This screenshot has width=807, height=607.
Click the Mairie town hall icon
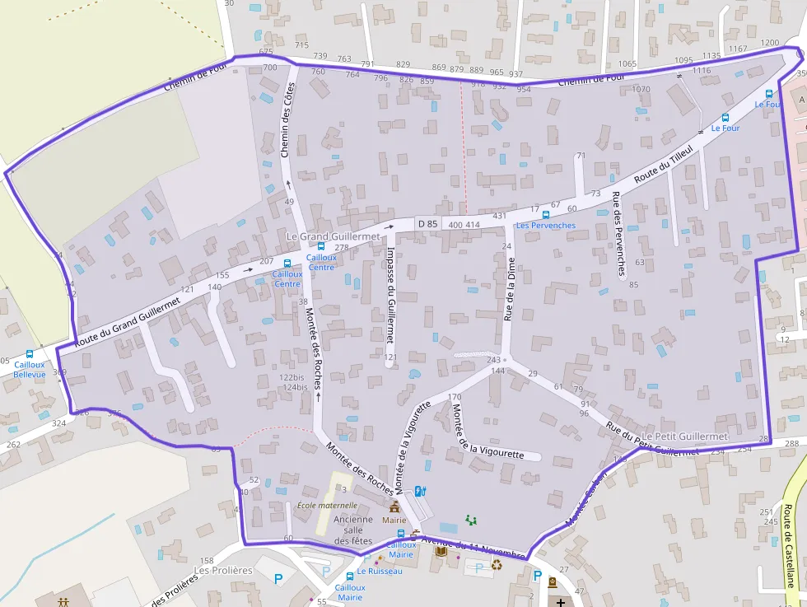pos(394,507)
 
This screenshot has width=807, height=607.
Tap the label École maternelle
pos(327,505)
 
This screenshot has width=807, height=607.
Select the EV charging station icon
pos(421,492)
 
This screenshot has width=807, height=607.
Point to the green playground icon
pos(472,520)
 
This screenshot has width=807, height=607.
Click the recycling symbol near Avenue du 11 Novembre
pos(497,564)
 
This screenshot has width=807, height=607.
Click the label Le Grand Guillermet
pos(333,236)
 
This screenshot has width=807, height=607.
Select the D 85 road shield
pos(427,223)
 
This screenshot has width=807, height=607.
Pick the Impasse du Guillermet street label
pos(390,294)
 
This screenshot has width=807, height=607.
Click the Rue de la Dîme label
pos(508,287)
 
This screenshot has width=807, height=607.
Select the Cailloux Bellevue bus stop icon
pos(30,354)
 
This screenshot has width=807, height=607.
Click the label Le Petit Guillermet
pos(685,436)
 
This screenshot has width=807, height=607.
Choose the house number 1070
pos(641,89)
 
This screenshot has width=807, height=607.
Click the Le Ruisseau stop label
pos(380,571)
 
